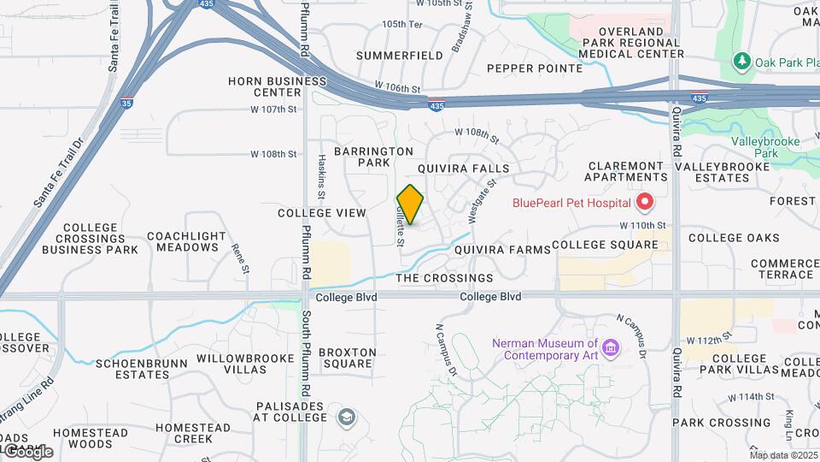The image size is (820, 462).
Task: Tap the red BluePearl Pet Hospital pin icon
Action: click(644, 203)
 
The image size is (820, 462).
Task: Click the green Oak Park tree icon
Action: click(742, 62)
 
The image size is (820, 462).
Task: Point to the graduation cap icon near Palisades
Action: click(347, 417)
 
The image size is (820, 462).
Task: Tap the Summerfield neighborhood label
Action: click(400, 56)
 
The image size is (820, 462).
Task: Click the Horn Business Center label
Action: click(277, 86)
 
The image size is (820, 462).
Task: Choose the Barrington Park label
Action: click(374, 157)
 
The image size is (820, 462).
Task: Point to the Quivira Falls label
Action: click(463, 169)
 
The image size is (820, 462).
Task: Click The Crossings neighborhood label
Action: click(444, 278)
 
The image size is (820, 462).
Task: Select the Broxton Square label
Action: click(347, 358)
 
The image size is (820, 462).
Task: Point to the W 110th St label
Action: click(642, 224)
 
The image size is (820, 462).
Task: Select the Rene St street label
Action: click(241, 258)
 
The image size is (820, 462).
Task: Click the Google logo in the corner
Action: click(28, 451)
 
